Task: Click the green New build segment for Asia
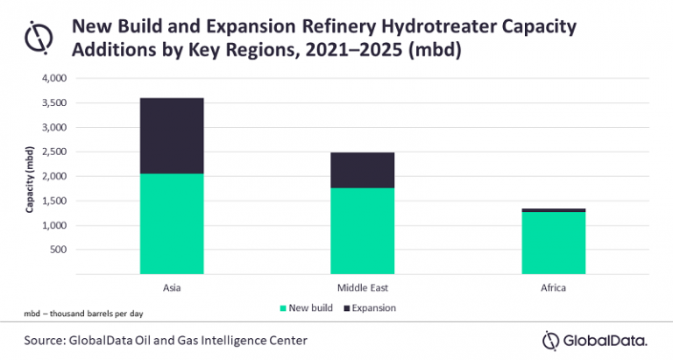point(172,223)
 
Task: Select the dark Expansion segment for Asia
point(172,135)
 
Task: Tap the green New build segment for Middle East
point(362,230)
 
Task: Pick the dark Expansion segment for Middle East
point(362,170)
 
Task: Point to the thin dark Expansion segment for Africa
point(553,210)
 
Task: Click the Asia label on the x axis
point(172,286)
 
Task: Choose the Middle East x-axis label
point(362,286)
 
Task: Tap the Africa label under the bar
point(553,286)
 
